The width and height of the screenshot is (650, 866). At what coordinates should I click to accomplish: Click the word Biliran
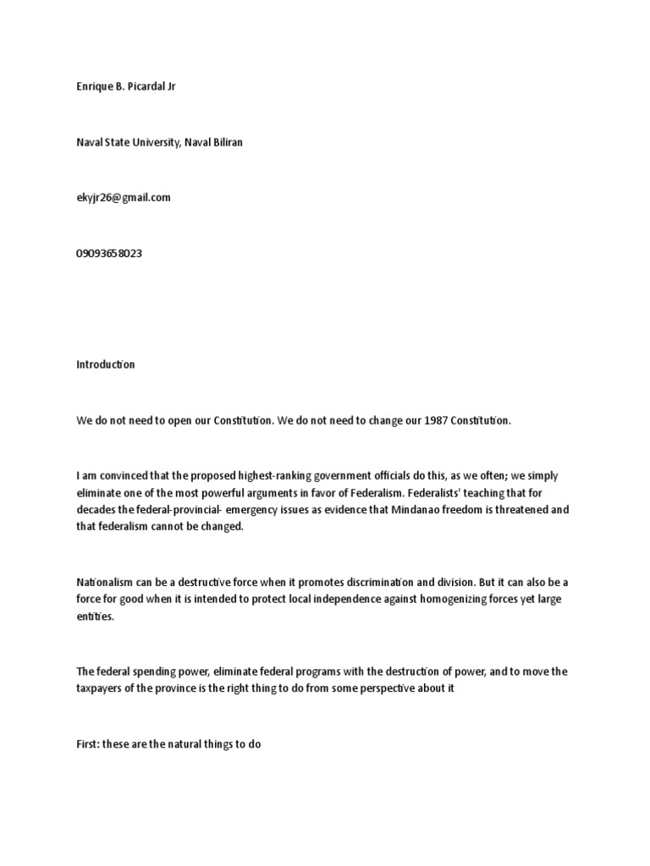click(x=224, y=142)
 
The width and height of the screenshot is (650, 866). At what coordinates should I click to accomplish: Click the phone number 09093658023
click(x=109, y=253)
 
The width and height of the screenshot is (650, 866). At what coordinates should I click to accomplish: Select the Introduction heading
click(x=105, y=364)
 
